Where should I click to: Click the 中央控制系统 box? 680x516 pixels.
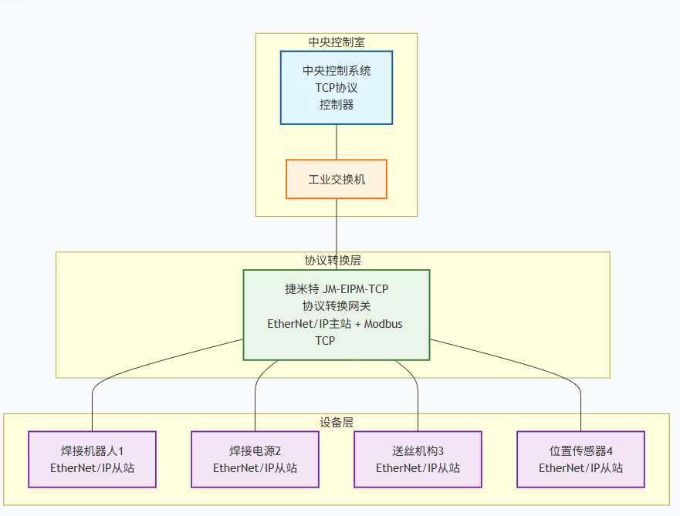pos(336,87)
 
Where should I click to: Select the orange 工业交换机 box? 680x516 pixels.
pos(336,179)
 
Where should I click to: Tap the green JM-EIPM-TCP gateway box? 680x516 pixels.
pos(336,314)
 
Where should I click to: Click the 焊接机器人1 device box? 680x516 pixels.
pos(92,459)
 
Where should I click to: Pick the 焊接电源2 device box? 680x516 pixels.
pos(255,459)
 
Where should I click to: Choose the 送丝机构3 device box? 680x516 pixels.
pos(418,459)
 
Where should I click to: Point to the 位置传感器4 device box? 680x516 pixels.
pos(580,459)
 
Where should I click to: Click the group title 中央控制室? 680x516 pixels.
pos(337,42)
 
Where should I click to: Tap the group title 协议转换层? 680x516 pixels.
pos(333,261)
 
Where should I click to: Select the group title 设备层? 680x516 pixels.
pos(337,423)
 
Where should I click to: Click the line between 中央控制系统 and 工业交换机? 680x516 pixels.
pos(337,142)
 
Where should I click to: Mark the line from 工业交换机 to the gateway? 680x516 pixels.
pos(337,234)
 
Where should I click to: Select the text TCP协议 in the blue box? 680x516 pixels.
pos(336,87)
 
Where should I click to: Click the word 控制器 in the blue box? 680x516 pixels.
pos(337,104)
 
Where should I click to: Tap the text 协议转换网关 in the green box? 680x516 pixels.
pos(337,306)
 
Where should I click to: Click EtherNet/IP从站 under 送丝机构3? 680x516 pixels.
pos(418,467)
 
